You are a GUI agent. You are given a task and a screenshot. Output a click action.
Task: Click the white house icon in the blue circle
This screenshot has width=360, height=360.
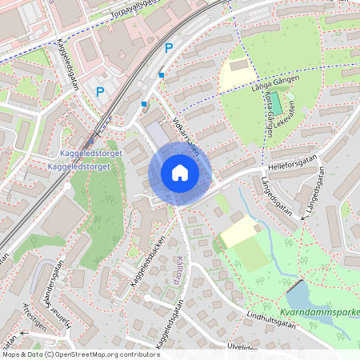point(179,173)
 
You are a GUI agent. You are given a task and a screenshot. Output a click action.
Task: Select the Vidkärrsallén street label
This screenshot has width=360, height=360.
point(186,132)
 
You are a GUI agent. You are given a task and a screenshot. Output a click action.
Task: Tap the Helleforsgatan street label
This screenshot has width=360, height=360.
point(293,169)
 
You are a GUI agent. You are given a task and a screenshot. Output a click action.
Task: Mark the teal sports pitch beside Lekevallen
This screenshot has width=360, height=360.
point(275,101)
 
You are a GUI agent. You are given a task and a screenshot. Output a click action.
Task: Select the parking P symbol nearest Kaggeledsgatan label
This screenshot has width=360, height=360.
point(101,92)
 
